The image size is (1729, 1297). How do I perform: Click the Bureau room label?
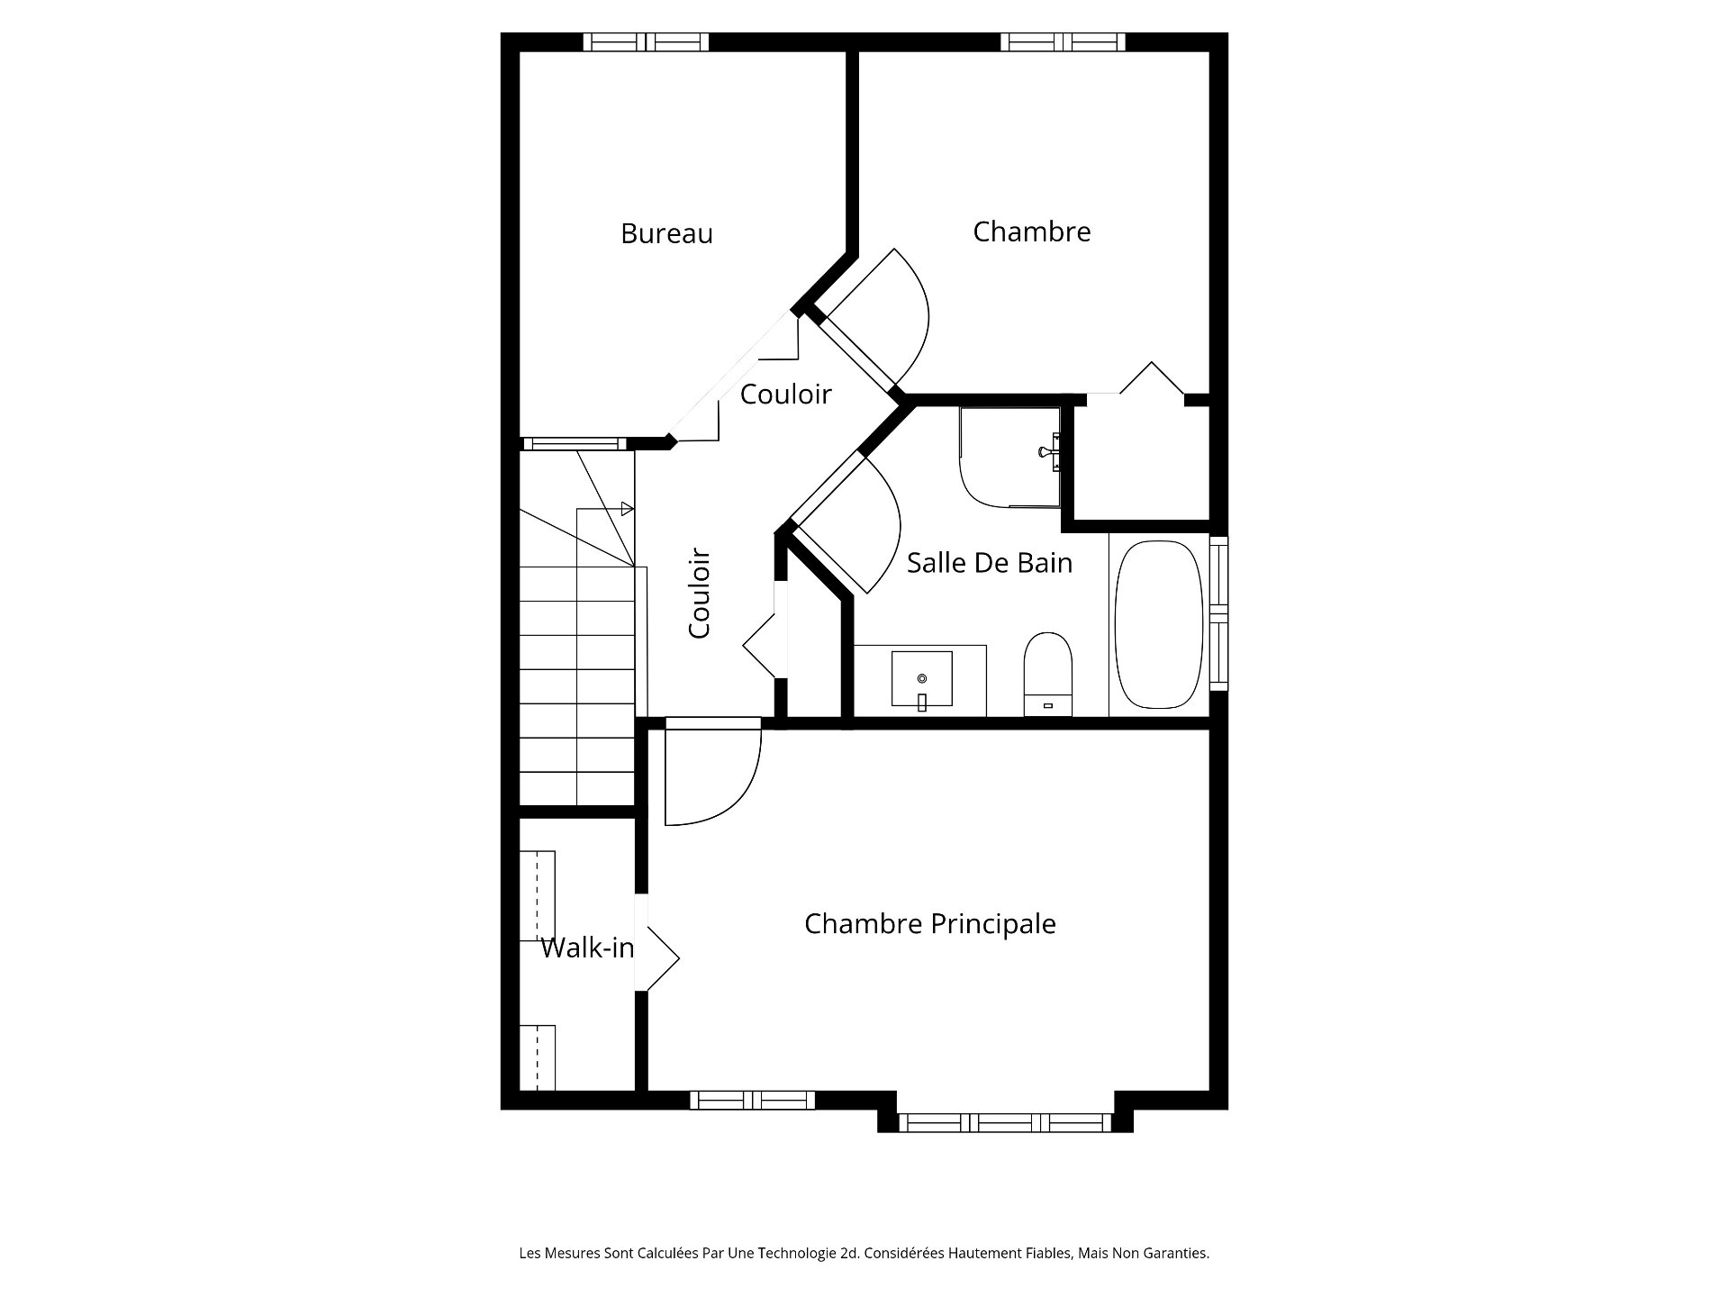[666, 233]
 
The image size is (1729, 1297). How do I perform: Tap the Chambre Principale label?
[929, 923]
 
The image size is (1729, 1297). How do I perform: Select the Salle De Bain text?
[989, 563]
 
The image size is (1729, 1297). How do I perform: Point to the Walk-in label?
[587, 948]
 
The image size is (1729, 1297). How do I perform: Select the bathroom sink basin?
[921, 678]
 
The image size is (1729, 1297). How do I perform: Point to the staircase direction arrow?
[628, 509]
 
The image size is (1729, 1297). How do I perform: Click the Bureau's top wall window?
[646, 42]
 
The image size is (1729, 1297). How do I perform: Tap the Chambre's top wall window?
[1063, 42]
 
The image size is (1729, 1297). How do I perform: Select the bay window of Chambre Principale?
[1005, 1122]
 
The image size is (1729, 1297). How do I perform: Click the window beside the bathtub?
[1218, 612]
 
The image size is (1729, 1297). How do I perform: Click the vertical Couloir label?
[700, 594]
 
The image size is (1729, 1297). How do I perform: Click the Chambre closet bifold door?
[1151, 378]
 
